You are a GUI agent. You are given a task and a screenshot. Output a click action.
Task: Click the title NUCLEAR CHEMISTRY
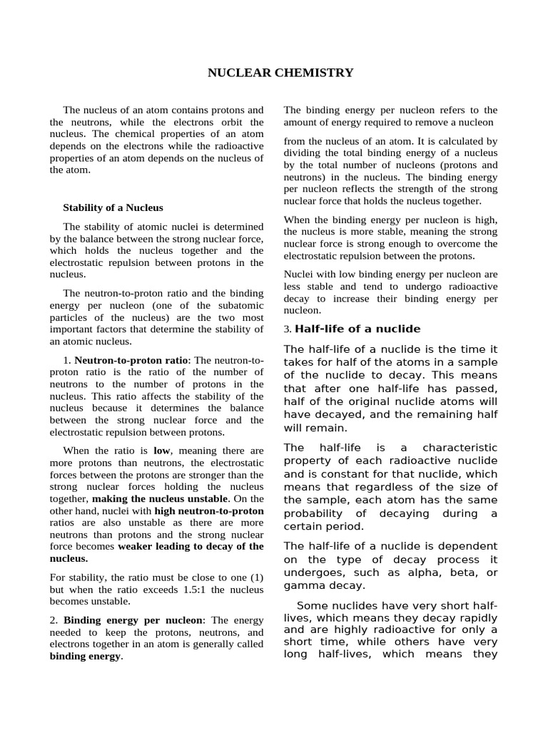[280, 73]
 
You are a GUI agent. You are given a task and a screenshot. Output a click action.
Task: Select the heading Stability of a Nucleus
[113, 207]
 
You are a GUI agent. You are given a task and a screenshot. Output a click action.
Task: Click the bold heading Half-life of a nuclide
[357, 329]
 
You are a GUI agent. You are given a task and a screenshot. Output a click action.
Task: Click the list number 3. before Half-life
[288, 329]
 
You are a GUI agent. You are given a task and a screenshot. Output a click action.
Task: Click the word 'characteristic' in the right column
[460, 448]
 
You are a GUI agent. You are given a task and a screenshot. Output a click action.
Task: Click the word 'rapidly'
[477, 618]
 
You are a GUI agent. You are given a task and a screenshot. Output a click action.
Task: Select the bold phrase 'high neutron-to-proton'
[209, 510]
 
